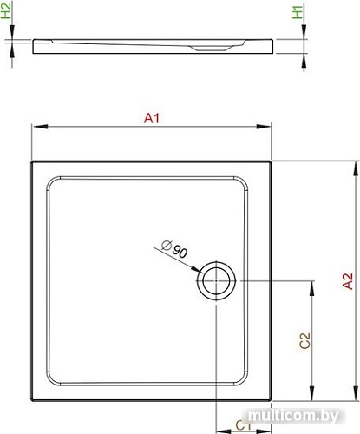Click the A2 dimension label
click(347, 282)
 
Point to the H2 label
click(9, 13)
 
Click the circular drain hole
click(214, 281)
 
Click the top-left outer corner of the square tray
click(33, 161)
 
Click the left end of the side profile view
click(35, 47)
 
